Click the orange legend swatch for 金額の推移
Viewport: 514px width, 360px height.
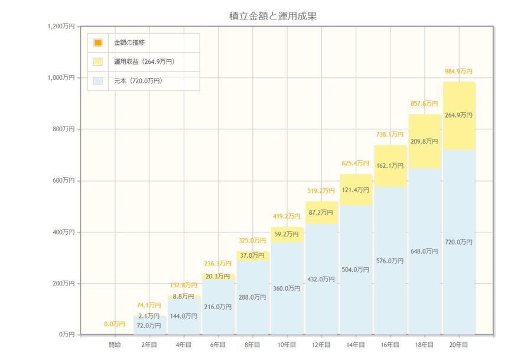click(98, 43)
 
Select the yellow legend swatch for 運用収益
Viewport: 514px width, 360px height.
click(98, 61)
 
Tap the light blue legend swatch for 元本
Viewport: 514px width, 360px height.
click(98, 80)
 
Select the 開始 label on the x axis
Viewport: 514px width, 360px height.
click(115, 344)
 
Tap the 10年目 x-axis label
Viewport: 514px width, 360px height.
click(287, 344)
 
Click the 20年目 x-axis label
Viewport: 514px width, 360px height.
click(458, 344)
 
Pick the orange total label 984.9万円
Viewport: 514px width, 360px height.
click(458, 72)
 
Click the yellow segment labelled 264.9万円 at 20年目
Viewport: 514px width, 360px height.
click(459, 116)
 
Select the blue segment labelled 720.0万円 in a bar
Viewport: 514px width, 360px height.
click(459, 242)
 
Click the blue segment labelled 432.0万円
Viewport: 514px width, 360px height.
click(321, 280)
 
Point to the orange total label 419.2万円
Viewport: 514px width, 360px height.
click(287, 216)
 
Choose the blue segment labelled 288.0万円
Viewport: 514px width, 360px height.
click(252, 297)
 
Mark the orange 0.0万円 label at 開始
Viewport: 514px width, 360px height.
click(115, 324)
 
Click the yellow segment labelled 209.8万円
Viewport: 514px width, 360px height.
click(424, 141)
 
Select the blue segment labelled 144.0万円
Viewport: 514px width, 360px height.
click(184, 316)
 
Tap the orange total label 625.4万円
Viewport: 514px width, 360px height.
click(356, 163)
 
